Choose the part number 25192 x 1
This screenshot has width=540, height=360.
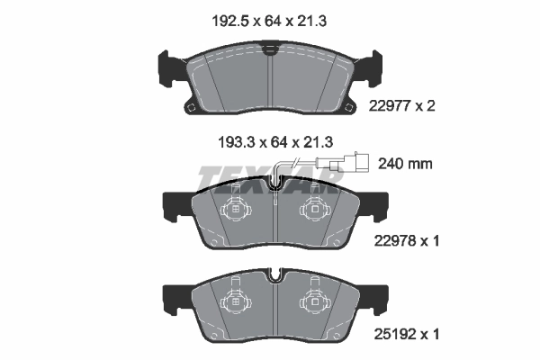405,333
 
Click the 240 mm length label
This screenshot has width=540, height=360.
406,164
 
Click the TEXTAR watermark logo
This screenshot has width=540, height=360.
270,180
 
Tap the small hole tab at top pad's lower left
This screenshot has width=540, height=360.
191,107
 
